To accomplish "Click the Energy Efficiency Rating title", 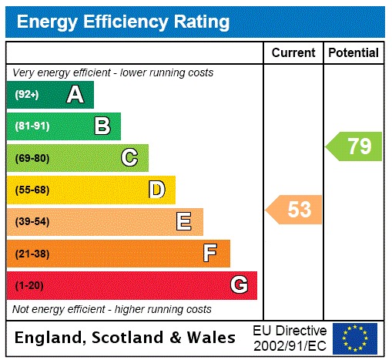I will (123, 21).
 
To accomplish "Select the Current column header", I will (293, 52).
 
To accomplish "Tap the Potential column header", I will (353, 52).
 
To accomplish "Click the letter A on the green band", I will (75, 95).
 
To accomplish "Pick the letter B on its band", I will (102, 126).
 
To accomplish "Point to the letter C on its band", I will (129, 158).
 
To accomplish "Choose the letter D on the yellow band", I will (156, 190).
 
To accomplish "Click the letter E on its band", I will (184, 222).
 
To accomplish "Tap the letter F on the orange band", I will (210, 253).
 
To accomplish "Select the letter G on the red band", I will (239, 285).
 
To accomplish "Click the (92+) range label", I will (27, 95).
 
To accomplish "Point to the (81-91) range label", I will (32, 126).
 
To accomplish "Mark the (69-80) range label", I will (32, 158).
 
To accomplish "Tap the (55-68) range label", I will (32, 190).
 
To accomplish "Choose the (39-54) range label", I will (32, 222).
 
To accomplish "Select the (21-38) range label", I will (32, 253).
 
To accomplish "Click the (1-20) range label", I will (29, 285).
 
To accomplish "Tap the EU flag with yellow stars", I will (355, 338).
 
